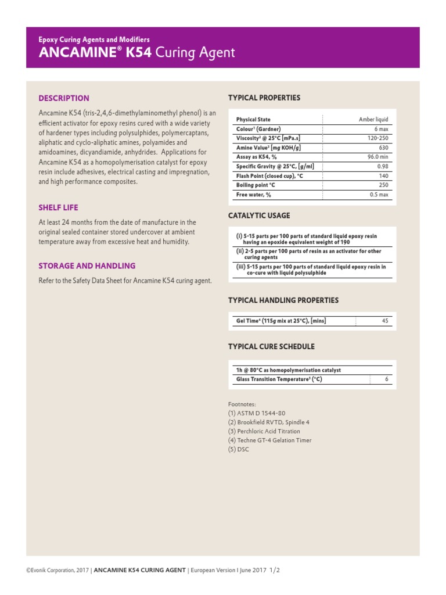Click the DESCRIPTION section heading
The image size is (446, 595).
(64, 98)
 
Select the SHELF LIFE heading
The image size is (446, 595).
(58, 207)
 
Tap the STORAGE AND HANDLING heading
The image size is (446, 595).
(87, 266)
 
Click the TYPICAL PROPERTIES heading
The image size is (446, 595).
(264, 98)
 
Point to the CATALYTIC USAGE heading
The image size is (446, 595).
(259, 216)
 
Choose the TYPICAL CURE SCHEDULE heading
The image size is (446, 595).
(271, 346)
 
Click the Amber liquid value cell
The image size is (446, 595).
(373, 119)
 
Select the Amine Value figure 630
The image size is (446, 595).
(383, 148)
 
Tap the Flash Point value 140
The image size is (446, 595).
(383, 175)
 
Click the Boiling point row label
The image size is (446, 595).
(256, 185)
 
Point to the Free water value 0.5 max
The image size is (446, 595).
(379, 195)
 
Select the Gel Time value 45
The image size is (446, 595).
(384, 320)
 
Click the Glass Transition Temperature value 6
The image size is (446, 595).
(386, 379)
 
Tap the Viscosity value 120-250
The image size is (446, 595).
(377, 138)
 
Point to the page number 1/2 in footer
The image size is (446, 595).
(274, 571)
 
